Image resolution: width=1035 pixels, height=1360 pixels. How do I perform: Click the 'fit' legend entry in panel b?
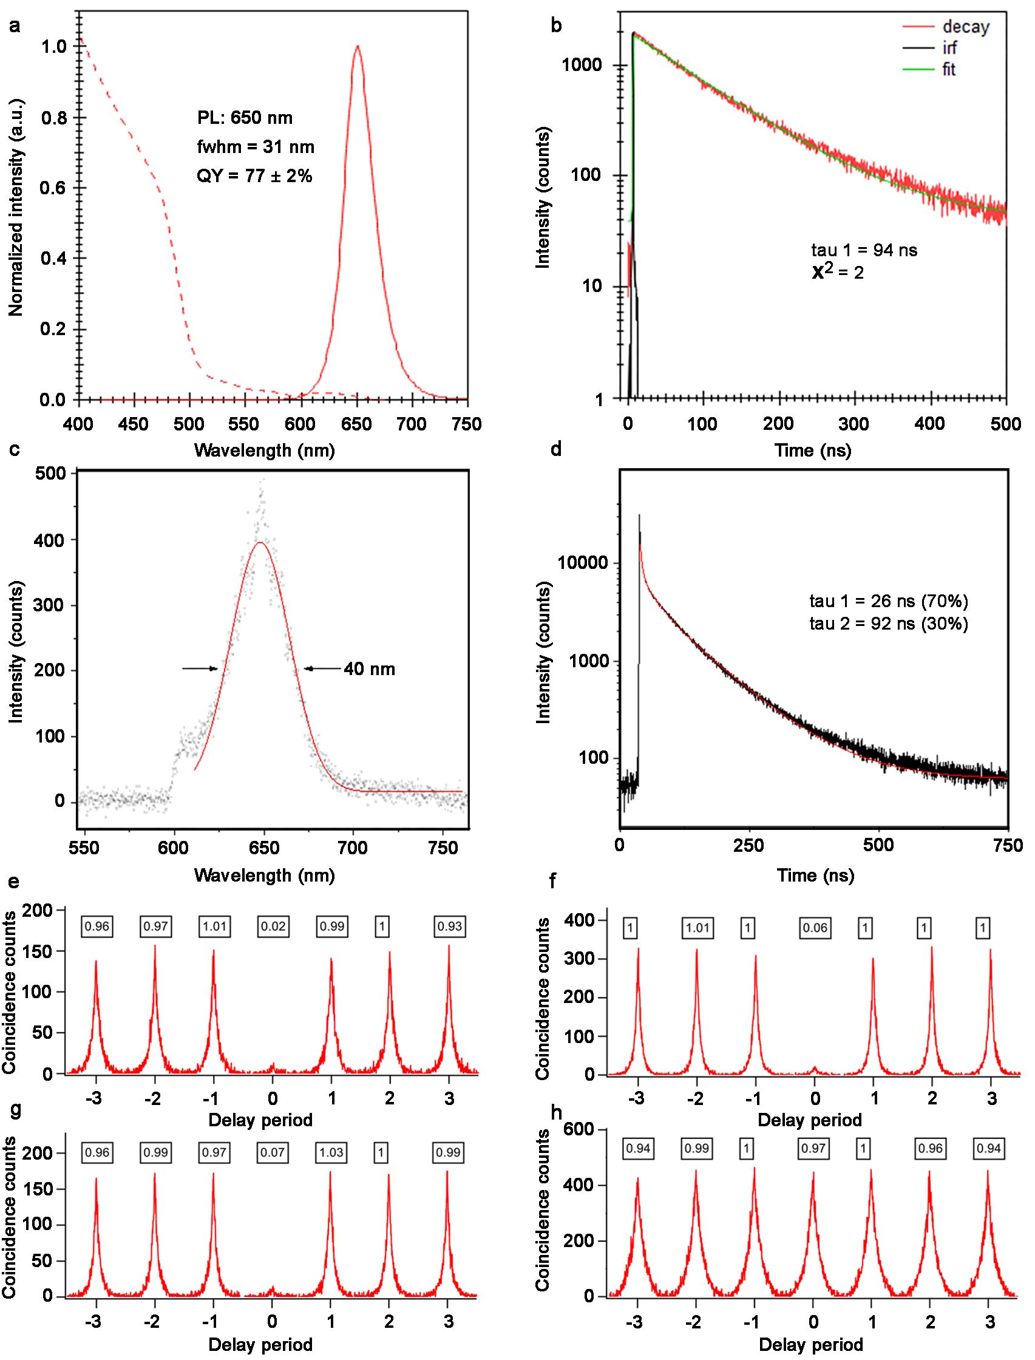point(949,70)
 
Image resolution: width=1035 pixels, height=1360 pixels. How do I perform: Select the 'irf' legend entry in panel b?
point(949,48)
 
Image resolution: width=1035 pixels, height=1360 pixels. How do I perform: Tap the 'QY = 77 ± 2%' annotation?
point(254,176)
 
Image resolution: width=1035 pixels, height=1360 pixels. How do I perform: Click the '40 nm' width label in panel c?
point(369,668)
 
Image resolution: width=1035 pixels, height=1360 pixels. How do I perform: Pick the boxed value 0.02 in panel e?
point(273,926)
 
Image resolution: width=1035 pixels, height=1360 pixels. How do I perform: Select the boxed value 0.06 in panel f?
point(815,928)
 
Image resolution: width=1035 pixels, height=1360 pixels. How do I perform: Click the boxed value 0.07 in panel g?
point(273,1152)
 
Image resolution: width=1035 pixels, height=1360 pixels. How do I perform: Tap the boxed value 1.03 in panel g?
point(331,1152)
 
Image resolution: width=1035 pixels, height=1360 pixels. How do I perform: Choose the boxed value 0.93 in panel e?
point(449,926)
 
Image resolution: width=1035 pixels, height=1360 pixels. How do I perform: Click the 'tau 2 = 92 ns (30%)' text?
point(888,624)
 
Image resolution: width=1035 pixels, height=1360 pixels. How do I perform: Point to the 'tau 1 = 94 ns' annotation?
point(864,250)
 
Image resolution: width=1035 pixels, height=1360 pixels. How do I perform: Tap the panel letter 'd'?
point(555,449)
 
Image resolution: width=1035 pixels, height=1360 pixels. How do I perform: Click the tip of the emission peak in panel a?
point(358,46)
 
